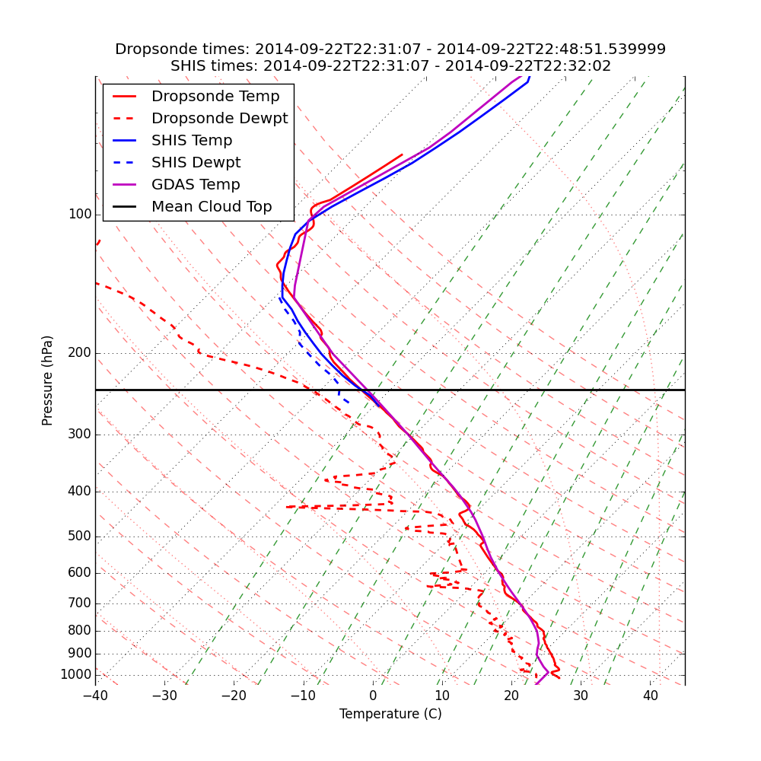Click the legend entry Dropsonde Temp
(215, 97)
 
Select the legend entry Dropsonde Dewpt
(219, 119)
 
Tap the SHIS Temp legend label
(192, 141)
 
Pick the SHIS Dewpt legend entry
(196, 163)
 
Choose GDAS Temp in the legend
(196, 185)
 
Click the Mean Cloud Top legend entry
(212, 207)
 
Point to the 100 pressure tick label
(79, 215)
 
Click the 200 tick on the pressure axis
(79, 353)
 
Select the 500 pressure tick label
(79, 537)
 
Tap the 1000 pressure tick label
(75, 675)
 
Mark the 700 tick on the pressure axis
(79, 603)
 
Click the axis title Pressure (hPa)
(48, 380)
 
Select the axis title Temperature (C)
(390, 715)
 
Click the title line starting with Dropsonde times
(390, 49)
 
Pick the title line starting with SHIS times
(390, 66)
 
